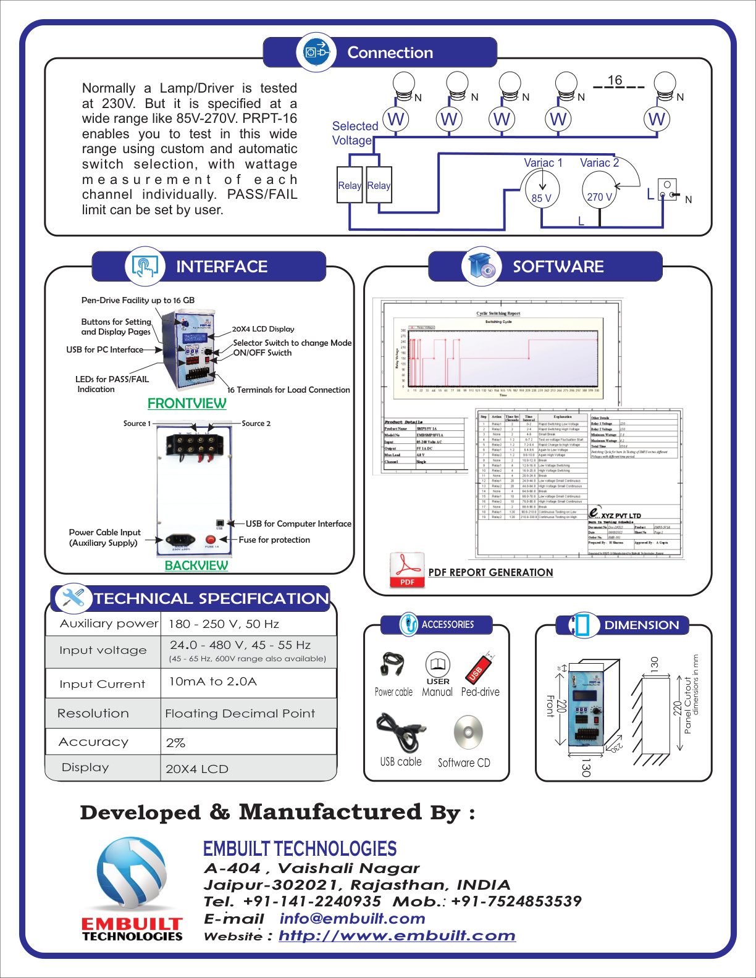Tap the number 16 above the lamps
pos(615,80)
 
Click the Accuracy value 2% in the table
pos(176,743)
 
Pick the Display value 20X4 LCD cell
pos(197,769)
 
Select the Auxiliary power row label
pos(109,624)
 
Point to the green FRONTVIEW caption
pos(187,403)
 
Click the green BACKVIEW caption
pos(196,566)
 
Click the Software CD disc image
pos(468,733)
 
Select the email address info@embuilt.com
pos(352,919)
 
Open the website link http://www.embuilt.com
pos(397,935)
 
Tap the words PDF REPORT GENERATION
pos(490,572)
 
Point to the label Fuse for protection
pos(274,540)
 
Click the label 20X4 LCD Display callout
pos(263,329)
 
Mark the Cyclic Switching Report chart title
pos(498,313)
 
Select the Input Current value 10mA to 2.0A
pos(213,682)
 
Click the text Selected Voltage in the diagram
pos(355,133)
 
